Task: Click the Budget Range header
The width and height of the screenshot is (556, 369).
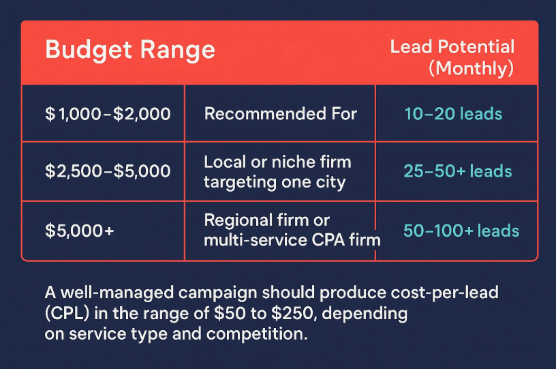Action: [130, 50]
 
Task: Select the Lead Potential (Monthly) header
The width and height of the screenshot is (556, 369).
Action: [452, 57]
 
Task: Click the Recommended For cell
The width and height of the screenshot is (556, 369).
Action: [281, 114]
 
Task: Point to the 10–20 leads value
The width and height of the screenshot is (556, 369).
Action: [453, 114]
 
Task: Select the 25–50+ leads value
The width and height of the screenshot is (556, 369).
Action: [458, 171]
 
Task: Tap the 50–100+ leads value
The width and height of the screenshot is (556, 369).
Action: [461, 231]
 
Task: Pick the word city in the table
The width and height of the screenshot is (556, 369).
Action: [330, 183]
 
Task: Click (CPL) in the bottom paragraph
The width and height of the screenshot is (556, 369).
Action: [67, 314]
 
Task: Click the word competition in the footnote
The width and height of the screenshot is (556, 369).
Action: [257, 334]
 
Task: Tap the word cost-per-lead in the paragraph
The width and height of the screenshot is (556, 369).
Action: [445, 293]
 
